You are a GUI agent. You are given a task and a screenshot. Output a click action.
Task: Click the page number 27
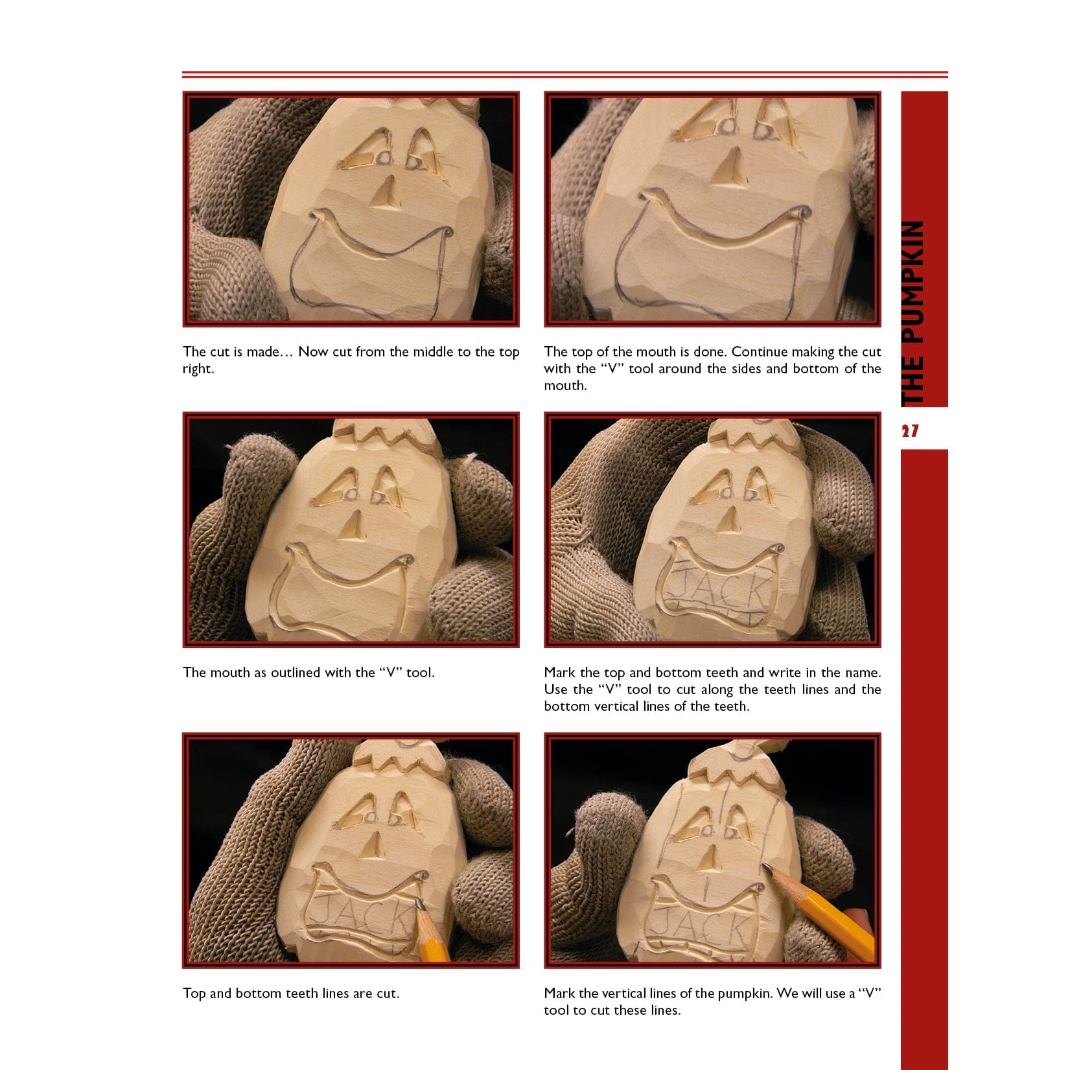909,430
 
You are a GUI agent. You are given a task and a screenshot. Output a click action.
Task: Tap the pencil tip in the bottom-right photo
766,866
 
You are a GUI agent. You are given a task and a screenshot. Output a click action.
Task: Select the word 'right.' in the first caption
198,369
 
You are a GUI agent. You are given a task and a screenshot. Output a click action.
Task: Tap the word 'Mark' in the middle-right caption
559,673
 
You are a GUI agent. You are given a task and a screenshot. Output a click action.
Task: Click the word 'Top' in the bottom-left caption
194,994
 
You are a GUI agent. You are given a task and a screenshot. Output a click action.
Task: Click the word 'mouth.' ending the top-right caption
565,386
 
